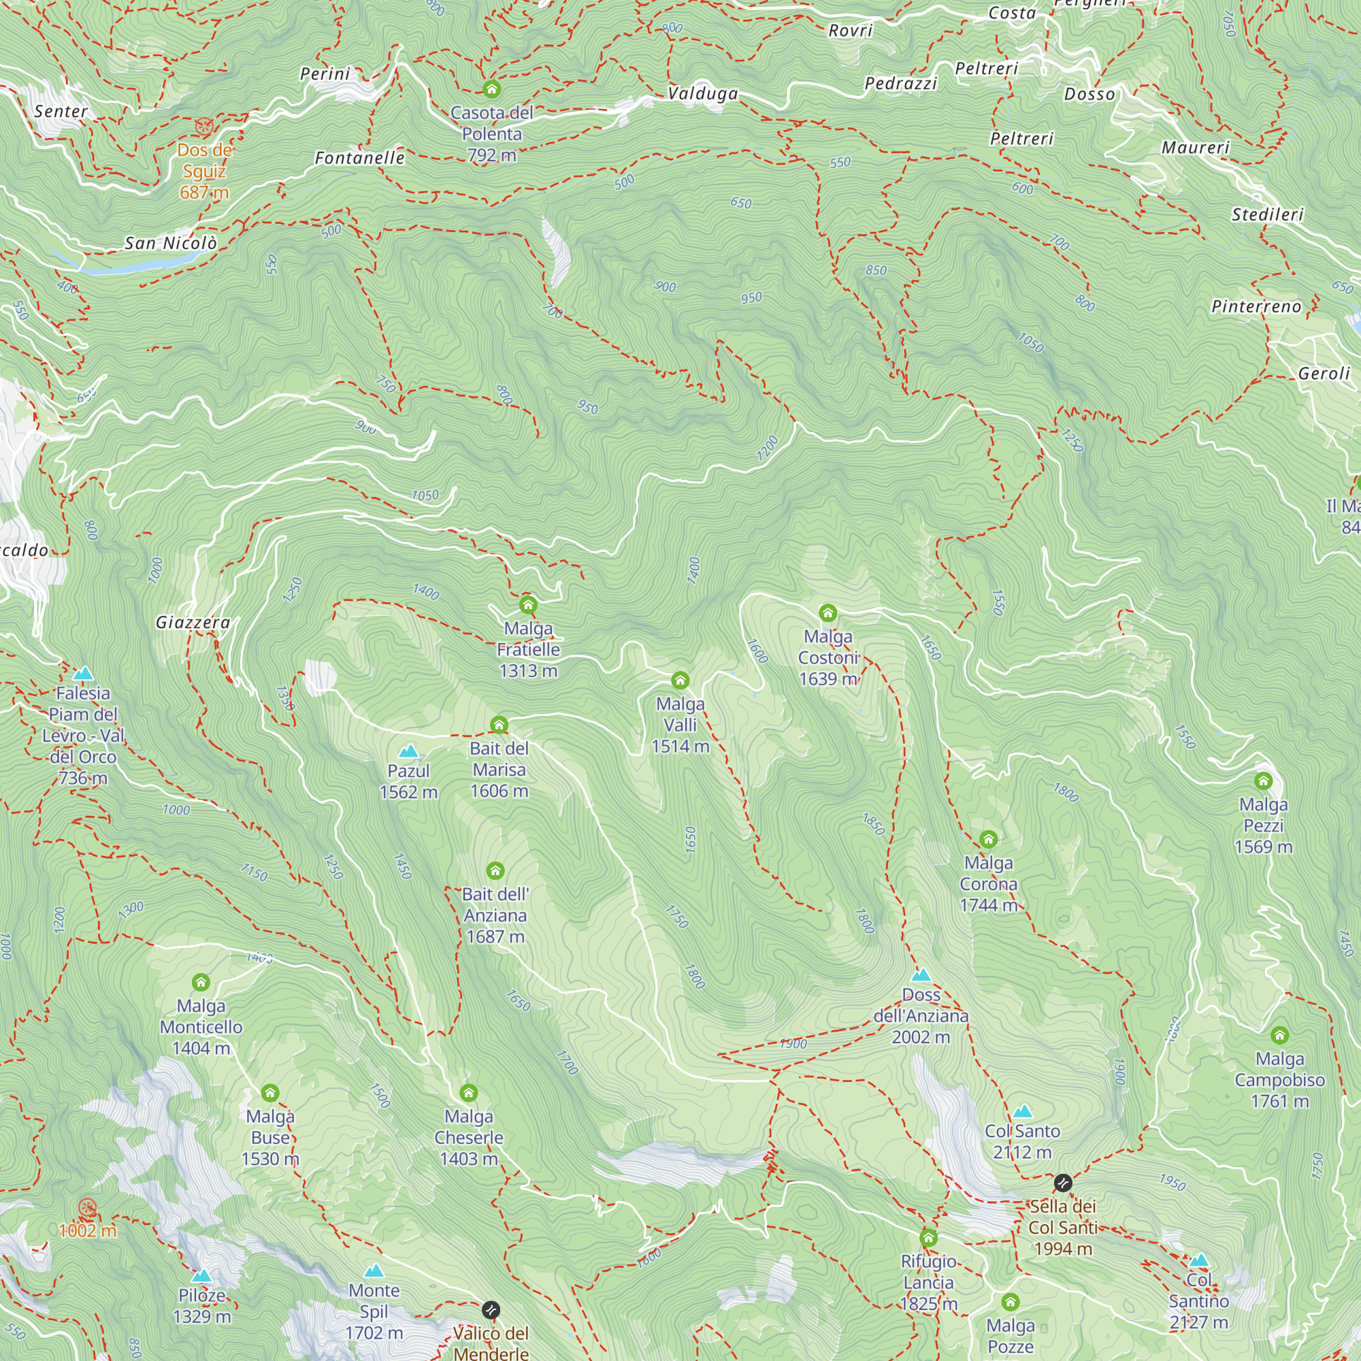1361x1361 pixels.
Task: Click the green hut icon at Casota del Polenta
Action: (492, 88)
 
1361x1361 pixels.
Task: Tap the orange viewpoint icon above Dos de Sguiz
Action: (203, 127)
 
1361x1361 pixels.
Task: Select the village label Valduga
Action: (702, 94)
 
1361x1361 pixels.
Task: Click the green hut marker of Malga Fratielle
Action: (528, 604)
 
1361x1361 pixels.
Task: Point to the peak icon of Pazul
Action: (408, 752)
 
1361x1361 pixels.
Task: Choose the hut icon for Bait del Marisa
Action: (499, 725)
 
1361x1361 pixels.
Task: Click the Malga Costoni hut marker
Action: (827, 613)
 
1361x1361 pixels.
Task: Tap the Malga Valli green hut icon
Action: (680, 680)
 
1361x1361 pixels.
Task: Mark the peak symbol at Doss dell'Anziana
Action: (921, 976)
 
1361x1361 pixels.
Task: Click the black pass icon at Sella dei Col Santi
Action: (1063, 1183)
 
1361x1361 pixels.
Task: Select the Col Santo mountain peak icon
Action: (1022, 1112)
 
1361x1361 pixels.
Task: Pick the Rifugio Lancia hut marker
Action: (928, 1238)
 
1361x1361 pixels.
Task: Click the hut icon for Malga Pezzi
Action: (1263, 781)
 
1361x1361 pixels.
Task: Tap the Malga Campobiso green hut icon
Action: (1279, 1035)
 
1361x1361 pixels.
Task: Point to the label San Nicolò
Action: (171, 244)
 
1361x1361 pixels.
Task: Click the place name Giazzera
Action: (193, 623)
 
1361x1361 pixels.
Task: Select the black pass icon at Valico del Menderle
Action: (491, 1310)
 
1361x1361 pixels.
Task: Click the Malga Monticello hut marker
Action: (201, 982)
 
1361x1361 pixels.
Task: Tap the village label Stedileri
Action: (1267, 215)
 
